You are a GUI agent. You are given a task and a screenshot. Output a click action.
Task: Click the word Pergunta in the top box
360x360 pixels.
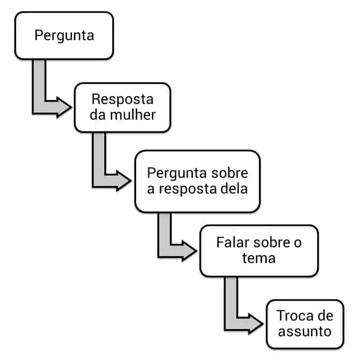64,36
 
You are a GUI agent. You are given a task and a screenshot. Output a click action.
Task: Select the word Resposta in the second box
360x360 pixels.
122,99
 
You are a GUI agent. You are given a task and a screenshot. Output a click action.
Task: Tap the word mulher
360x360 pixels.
133,115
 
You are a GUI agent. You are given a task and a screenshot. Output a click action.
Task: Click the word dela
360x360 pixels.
233,189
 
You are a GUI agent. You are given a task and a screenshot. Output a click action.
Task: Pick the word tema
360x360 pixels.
258,258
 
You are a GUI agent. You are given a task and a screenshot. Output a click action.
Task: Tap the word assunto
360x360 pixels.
305,331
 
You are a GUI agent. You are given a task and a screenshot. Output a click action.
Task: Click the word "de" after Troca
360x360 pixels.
324,316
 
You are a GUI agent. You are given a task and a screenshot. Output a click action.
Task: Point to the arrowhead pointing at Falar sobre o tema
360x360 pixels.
189,250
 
